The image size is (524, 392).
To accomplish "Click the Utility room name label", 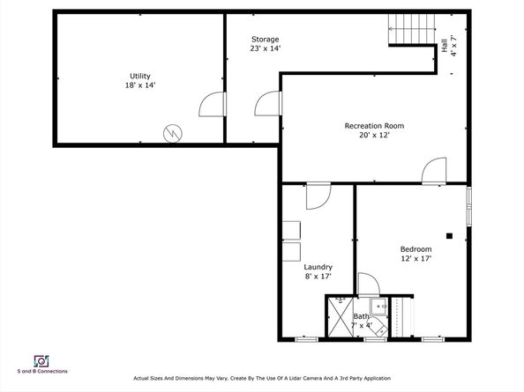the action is tap(140, 76).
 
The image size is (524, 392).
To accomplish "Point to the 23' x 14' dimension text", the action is tap(266, 48).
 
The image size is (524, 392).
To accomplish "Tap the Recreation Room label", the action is tap(374, 126).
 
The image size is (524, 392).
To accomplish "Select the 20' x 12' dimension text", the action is tap(374, 135).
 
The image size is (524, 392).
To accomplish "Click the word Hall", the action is tap(445, 46).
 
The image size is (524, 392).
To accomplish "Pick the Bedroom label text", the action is tap(416, 249).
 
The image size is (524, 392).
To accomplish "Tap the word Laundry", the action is tap(318, 267).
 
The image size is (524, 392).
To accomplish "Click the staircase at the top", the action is tap(412, 29).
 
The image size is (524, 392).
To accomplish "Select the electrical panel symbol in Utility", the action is tap(173, 133).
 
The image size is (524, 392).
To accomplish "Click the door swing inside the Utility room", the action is tap(212, 104).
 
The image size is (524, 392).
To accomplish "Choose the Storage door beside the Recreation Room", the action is tap(267, 103).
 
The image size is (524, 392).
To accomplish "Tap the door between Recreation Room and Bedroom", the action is tap(434, 171).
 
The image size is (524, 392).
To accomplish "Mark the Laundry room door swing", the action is tap(318, 196).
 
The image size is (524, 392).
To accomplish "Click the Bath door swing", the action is tap(369, 285).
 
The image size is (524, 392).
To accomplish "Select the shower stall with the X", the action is tap(341, 317).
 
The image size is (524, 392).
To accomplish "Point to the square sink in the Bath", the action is tap(379, 307).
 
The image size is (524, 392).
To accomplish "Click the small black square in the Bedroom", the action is tap(450, 236).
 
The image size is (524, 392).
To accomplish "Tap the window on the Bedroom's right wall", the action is tap(469, 206).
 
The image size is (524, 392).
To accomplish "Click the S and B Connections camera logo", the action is tap(41, 361).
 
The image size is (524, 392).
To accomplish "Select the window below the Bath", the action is tap(375, 340).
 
